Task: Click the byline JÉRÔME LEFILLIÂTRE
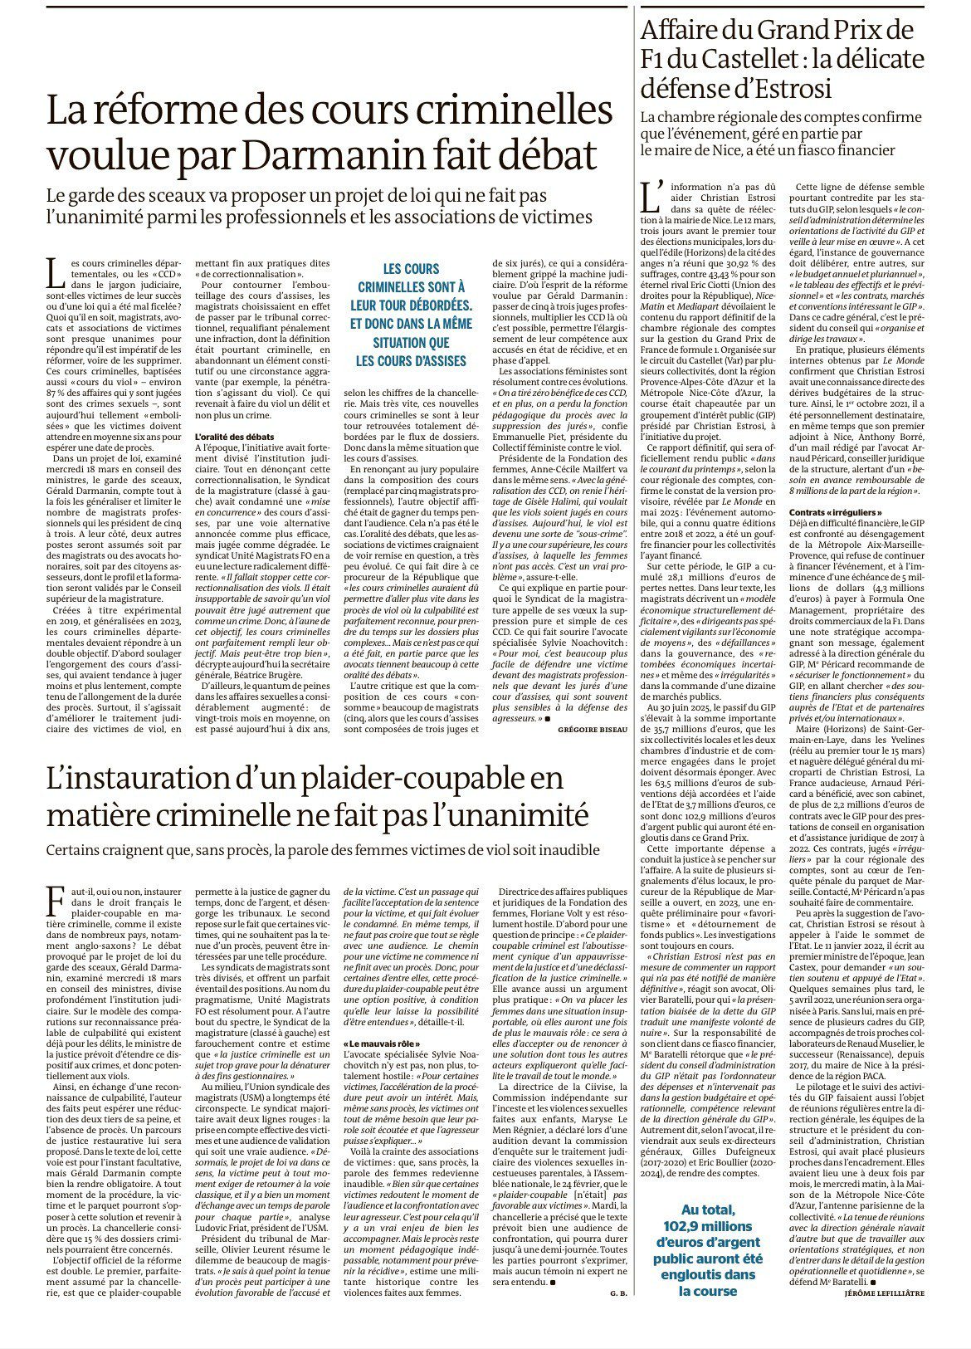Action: (x=884, y=1317)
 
